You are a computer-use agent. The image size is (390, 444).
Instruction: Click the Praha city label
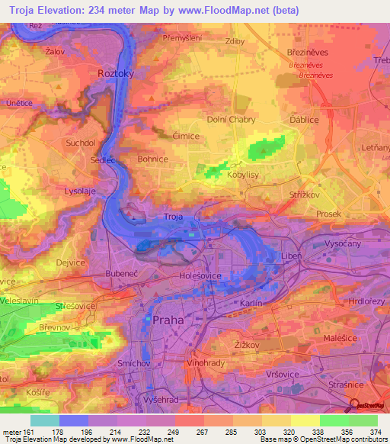point(168,320)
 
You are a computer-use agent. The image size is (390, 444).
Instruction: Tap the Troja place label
point(174,217)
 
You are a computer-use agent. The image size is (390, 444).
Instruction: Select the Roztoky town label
point(116,73)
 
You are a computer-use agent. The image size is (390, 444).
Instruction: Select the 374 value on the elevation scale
point(376,431)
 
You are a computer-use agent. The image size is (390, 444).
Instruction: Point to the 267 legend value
point(189,431)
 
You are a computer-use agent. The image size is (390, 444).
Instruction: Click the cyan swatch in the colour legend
point(45,420)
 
